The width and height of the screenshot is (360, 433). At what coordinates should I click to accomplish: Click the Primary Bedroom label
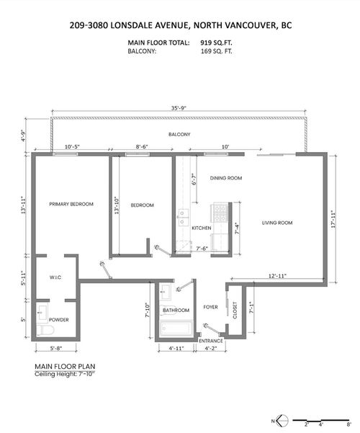[x=71, y=205]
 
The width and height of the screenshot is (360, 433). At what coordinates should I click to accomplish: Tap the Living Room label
[x=277, y=223]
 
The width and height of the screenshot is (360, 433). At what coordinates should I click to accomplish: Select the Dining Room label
[x=225, y=178]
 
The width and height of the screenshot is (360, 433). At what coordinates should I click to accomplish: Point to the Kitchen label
[x=201, y=228]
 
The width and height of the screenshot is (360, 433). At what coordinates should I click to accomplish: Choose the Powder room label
[x=59, y=318]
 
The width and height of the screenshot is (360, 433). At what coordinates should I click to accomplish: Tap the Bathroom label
[x=175, y=311]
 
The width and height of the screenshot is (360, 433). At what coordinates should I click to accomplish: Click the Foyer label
[x=210, y=306]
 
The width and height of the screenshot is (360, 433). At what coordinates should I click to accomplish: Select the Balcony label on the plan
[x=179, y=135]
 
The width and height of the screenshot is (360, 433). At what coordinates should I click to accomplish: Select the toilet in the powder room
[x=48, y=331]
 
